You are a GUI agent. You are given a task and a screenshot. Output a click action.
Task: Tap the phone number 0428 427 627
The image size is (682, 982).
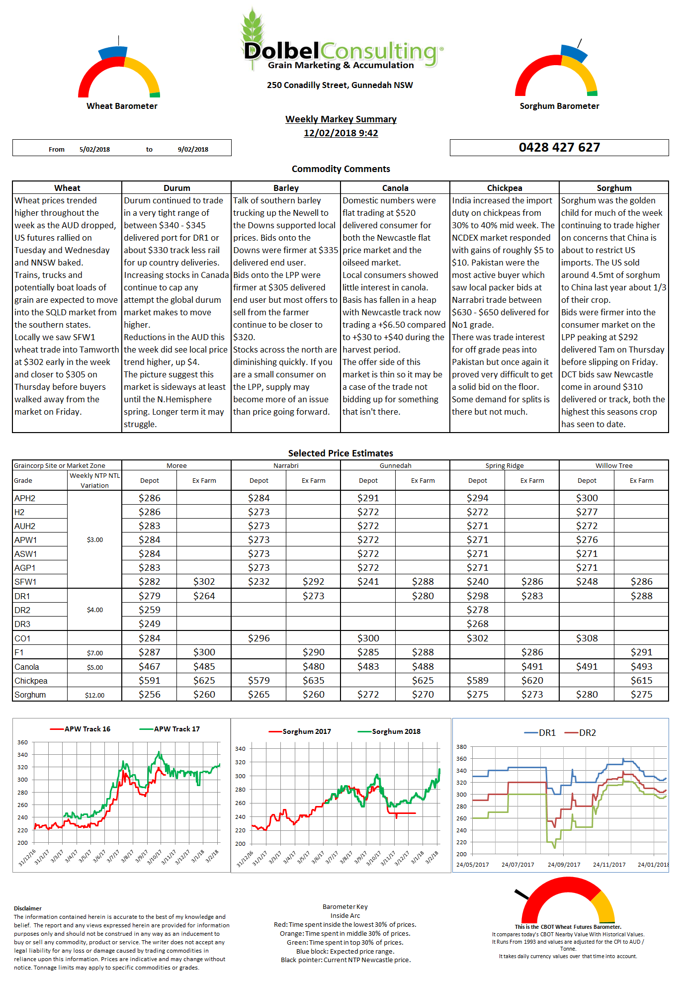tap(559, 147)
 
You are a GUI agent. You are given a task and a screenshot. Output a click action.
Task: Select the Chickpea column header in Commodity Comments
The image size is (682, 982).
tap(505, 188)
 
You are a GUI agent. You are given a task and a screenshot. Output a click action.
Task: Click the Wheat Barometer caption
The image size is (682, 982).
tap(122, 106)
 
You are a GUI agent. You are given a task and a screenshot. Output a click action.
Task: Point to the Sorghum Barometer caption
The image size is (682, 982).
tap(559, 106)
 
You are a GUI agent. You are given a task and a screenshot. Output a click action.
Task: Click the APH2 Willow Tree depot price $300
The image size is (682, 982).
tap(587, 498)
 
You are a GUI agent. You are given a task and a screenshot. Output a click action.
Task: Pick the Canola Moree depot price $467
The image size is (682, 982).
tap(149, 666)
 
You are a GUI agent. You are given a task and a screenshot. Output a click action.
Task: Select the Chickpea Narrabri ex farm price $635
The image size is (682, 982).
tap(313, 680)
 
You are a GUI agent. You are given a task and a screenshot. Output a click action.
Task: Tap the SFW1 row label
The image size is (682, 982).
tap(25, 582)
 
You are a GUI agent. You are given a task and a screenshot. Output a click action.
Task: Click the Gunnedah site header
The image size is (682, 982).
tap(395, 465)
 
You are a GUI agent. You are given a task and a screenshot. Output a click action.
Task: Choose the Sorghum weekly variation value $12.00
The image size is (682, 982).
tap(94, 695)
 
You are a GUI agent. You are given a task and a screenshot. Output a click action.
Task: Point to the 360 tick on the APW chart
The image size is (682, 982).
tap(22, 742)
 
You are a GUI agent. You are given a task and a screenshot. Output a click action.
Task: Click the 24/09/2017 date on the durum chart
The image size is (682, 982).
tap(564, 865)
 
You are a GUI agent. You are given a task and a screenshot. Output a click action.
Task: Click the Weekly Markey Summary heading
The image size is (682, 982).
tap(341, 119)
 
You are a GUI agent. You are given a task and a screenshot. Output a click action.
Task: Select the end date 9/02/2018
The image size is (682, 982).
tap(193, 149)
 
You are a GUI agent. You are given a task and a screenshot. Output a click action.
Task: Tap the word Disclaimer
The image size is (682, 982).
tap(28, 908)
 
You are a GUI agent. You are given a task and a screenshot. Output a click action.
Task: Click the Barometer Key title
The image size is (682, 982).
tap(345, 906)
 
